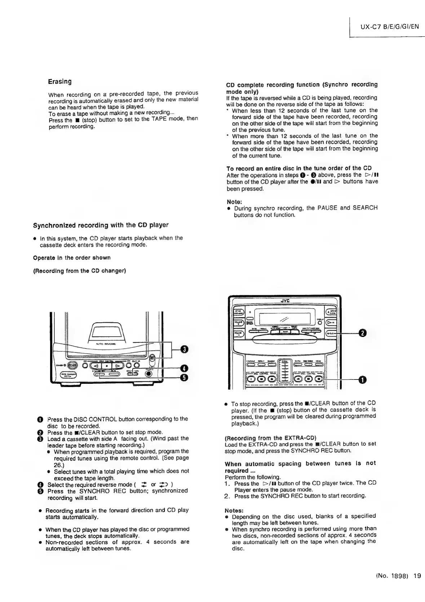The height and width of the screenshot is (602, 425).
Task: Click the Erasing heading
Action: pyautogui.click(x=60, y=82)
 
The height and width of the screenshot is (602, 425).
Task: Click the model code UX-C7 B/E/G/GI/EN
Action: pyautogui.click(x=389, y=26)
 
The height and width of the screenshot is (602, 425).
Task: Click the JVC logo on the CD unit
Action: pyautogui.click(x=285, y=301)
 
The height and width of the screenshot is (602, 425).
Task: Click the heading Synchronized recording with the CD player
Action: pyautogui.click(x=101, y=225)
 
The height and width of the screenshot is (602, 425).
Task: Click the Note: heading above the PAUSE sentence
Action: pyautogui.click(x=234, y=202)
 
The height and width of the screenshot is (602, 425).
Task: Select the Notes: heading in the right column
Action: pyautogui.click(x=234, y=511)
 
